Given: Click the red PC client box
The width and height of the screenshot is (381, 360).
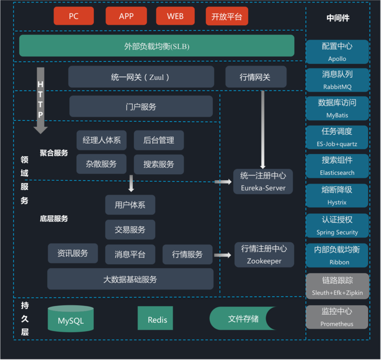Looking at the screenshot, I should [x=73, y=16].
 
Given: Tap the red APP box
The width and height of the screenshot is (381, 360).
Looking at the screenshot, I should [x=126, y=16].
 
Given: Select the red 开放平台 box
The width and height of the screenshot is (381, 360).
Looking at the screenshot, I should [x=227, y=17].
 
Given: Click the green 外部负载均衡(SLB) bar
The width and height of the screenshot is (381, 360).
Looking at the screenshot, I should [x=157, y=46].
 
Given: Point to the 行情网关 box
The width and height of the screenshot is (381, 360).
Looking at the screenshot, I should [x=256, y=77].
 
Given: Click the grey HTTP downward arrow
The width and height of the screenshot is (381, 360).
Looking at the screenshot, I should [x=40, y=100].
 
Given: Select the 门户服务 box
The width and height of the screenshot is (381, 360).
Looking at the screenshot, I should [x=141, y=106].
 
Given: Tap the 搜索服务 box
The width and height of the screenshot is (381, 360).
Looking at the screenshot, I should [x=159, y=164].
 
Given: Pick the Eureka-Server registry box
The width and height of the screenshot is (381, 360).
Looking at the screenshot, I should [x=263, y=181].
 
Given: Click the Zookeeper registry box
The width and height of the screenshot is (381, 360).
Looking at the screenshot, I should [x=264, y=255].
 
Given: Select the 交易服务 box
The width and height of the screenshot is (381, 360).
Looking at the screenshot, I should [x=130, y=230].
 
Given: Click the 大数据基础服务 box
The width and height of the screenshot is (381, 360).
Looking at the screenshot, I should [x=130, y=279].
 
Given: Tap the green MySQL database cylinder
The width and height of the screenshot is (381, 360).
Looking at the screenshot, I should [x=70, y=319].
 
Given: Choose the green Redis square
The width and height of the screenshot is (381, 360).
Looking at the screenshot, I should [x=155, y=319].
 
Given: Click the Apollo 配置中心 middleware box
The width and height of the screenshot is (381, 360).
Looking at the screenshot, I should [x=337, y=52].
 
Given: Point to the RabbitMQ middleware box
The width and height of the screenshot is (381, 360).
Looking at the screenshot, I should [x=337, y=80].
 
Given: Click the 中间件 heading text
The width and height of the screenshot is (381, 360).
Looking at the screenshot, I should [x=338, y=18].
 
